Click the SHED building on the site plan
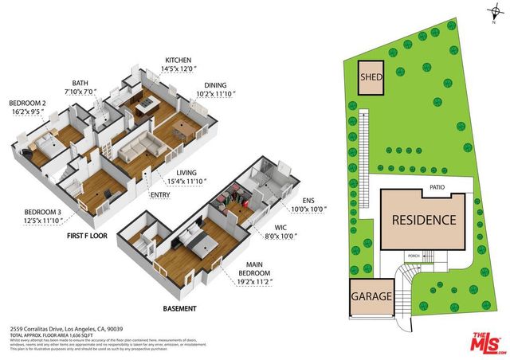(x=371, y=78)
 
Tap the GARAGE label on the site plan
(x=371, y=297)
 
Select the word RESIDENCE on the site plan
(x=424, y=221)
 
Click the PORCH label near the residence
(x=414, y=256)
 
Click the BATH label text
(x=80, y=83)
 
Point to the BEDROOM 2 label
(x=29, y=104)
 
